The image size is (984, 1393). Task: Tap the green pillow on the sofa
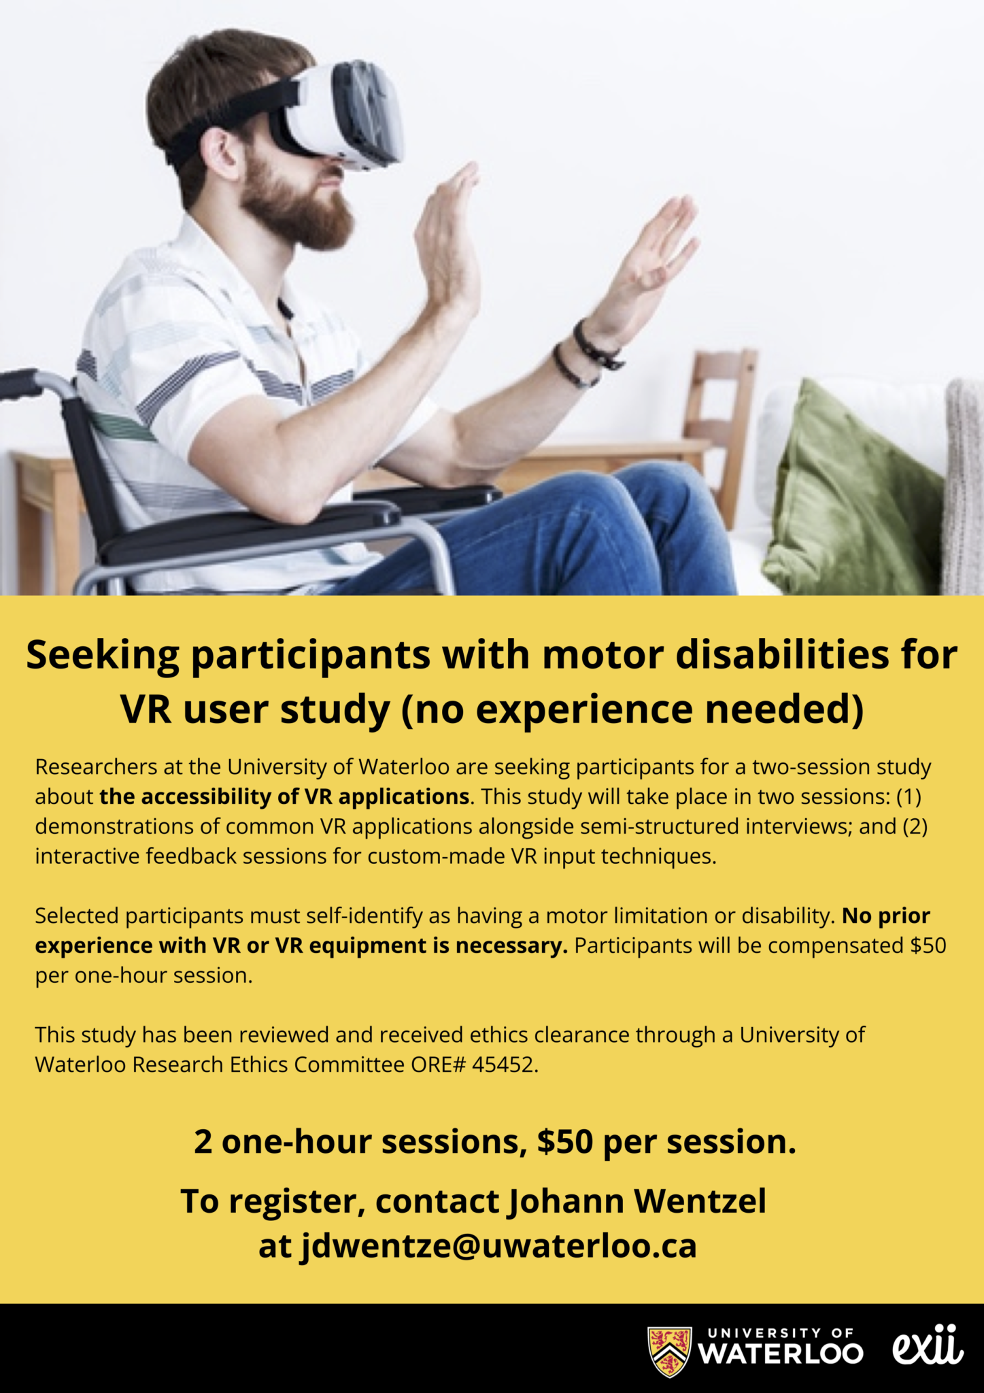[853, 493]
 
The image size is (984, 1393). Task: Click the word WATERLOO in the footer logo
[781, 1353]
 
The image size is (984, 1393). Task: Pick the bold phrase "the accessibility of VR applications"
[285, 796]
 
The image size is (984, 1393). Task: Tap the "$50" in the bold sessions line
[564, 1142]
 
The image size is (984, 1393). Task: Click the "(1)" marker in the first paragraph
[909, 796]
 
